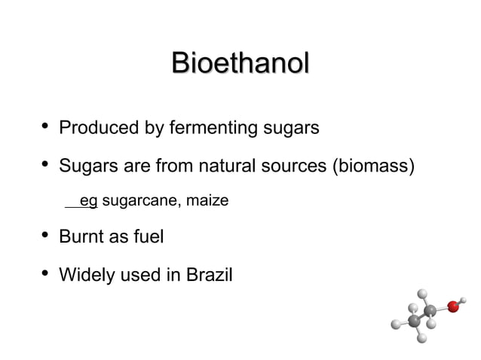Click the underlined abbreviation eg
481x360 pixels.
coord(88,201)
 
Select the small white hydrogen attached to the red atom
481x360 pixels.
coord(462,300)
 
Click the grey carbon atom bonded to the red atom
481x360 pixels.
coord(430,310)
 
